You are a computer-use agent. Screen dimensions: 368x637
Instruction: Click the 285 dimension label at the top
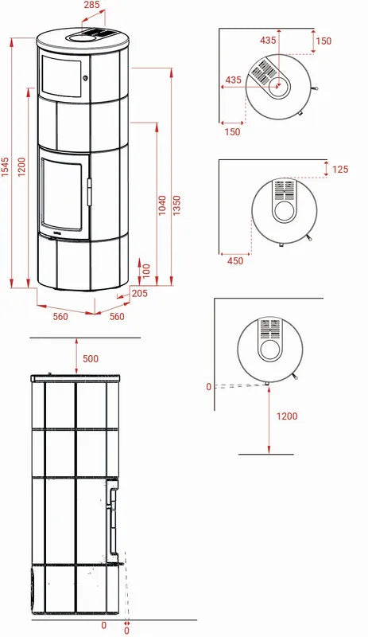(x=92, y=5)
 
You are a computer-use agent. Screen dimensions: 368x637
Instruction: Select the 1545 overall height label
(x=5, y=167)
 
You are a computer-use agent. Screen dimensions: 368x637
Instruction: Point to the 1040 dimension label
(x=162, y=205)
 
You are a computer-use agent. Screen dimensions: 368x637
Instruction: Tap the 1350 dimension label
(x=176, y=205)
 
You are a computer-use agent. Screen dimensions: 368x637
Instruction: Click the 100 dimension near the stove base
(x=146, y=271)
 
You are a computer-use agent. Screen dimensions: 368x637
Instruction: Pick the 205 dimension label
(x=140, y=293)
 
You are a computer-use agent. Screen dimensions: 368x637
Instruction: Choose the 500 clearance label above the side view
(x=91, y=359)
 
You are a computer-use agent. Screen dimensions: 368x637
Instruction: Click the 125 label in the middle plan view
(x=340, y=169)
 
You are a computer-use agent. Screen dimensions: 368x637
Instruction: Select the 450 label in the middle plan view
(x=235, y=261)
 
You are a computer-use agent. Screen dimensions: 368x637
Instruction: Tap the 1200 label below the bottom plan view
(x=287, y=416)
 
